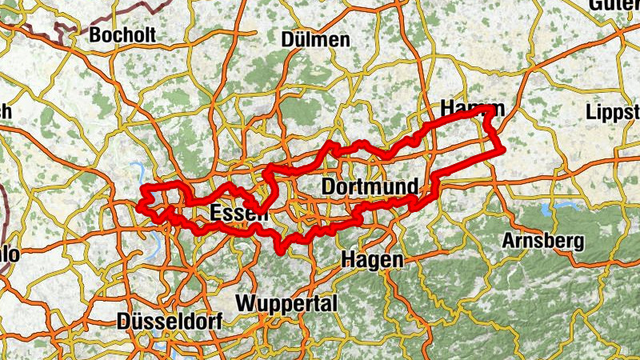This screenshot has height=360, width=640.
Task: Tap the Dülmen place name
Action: (x=315, y=39)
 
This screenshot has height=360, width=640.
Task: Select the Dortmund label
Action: (x=369, y=187)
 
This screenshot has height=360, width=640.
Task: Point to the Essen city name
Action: (x=238, y=214)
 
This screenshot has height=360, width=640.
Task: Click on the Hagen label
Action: (x=372, y=259)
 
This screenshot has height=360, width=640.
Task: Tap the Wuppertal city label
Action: (x=287, y=304)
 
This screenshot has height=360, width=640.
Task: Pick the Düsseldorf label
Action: (x=170, y=321)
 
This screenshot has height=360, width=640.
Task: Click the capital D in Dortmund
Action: (x=328, y=187)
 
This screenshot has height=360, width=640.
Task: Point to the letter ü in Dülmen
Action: (x=298, y=39)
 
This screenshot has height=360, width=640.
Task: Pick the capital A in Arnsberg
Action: (x=509, y=240)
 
